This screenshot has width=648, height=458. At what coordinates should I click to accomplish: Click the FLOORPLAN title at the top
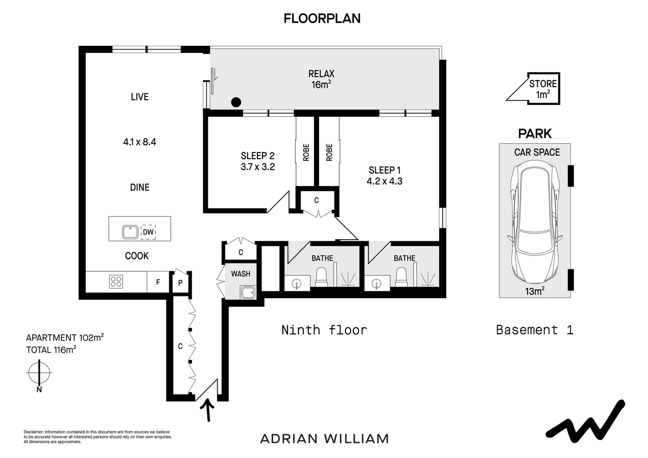point(322,19)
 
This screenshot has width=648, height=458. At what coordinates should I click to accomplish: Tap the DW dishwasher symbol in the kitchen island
point(148,232)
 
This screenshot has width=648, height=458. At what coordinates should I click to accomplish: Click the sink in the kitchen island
point(130,232)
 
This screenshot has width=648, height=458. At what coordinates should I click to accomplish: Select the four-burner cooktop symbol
point(116,282)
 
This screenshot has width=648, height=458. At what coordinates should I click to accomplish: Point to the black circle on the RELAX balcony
point(236,102)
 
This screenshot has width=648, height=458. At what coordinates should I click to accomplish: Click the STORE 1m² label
point(542,89)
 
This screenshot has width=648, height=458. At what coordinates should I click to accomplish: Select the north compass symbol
point(39,374)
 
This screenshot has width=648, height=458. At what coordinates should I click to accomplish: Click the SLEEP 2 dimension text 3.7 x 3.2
point(257,167)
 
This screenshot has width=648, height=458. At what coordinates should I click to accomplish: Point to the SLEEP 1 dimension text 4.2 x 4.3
point(384,182)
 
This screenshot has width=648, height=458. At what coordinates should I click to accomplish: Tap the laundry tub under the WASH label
point(247,292)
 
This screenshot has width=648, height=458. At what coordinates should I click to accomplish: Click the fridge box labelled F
point(158,282)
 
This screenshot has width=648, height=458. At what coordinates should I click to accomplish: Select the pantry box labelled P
point(180,282)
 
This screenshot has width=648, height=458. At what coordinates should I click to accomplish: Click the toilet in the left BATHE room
point(322,277)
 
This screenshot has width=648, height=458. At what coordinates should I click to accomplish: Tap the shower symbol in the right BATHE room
point(427,279)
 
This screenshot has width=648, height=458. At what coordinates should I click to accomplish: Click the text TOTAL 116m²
point(51,350)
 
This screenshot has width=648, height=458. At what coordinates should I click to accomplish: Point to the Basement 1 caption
point(534,330)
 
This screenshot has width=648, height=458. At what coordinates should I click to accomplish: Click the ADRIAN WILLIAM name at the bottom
point(324,438)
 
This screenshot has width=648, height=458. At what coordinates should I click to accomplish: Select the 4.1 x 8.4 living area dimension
point(140,142)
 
